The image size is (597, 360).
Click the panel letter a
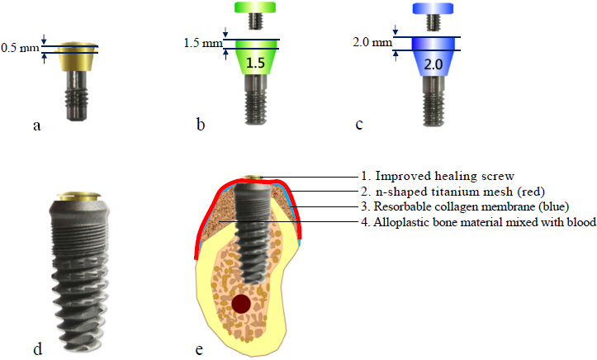click(x=36, y=126)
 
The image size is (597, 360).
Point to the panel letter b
click(x=200, y=126)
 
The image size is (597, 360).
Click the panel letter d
click(x=36, y=348)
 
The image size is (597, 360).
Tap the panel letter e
click(x=199, y=348)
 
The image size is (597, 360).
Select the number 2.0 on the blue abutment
click(x=432, y=64)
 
